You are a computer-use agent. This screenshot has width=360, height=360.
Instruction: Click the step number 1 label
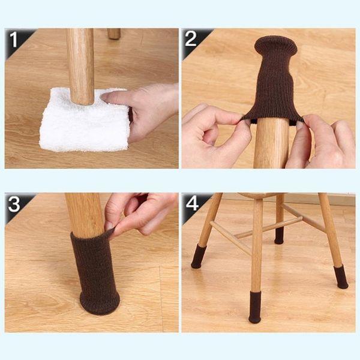coord(13,40)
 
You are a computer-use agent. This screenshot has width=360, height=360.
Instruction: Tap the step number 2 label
coord(190,38)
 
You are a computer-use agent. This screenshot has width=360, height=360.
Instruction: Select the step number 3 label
coord(14,204)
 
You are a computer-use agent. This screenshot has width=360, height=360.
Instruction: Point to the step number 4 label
coord(192,203)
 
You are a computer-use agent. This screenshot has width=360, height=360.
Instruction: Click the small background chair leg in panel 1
coord(114,34)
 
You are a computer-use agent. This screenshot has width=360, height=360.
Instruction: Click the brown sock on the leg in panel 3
coord(95,273)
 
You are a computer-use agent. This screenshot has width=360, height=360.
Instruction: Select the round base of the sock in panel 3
coord(100,303)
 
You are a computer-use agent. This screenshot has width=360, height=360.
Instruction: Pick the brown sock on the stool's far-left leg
coord(199,256)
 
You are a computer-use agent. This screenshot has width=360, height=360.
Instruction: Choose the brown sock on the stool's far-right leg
coord(341,277)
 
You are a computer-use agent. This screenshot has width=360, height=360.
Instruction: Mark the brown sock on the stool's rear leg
coord(279,236)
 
